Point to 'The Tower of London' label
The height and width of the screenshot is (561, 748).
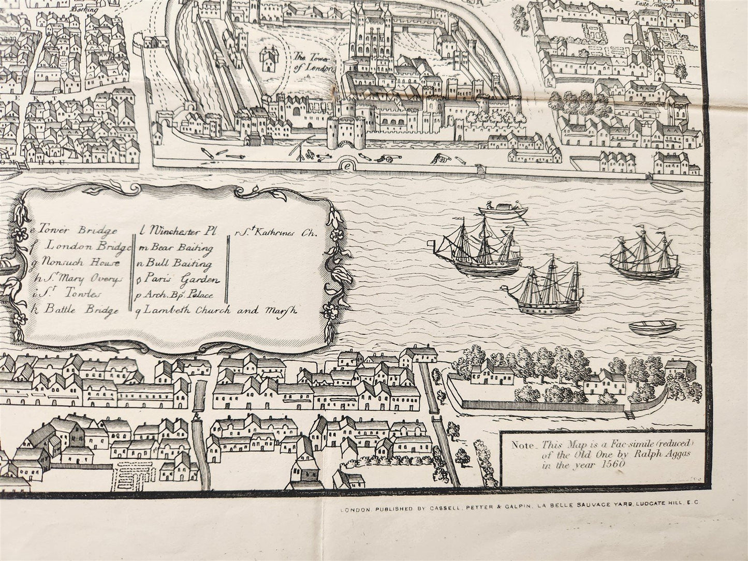(311, 64)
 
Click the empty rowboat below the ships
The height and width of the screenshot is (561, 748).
(652, 327)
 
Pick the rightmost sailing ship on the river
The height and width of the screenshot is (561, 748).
(644, 257)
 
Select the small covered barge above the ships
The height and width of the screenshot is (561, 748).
(502, 210)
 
